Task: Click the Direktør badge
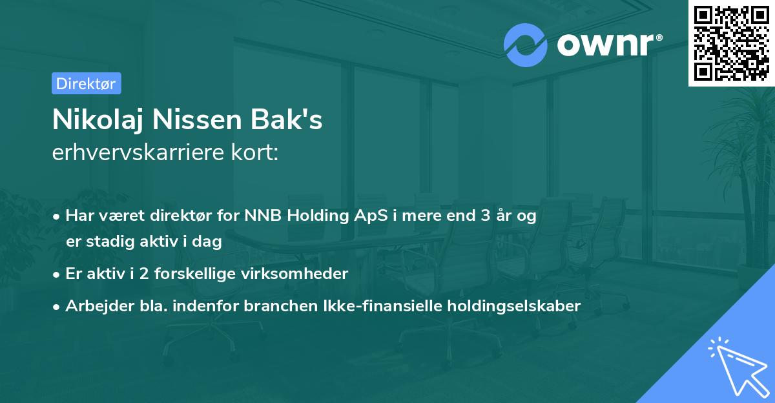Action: pos(86,83)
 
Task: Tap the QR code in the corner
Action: pos(731,43)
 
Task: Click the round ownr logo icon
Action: pos(526,45)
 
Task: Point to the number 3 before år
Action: pos(484,216)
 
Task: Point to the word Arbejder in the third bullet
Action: pos(94,305)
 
